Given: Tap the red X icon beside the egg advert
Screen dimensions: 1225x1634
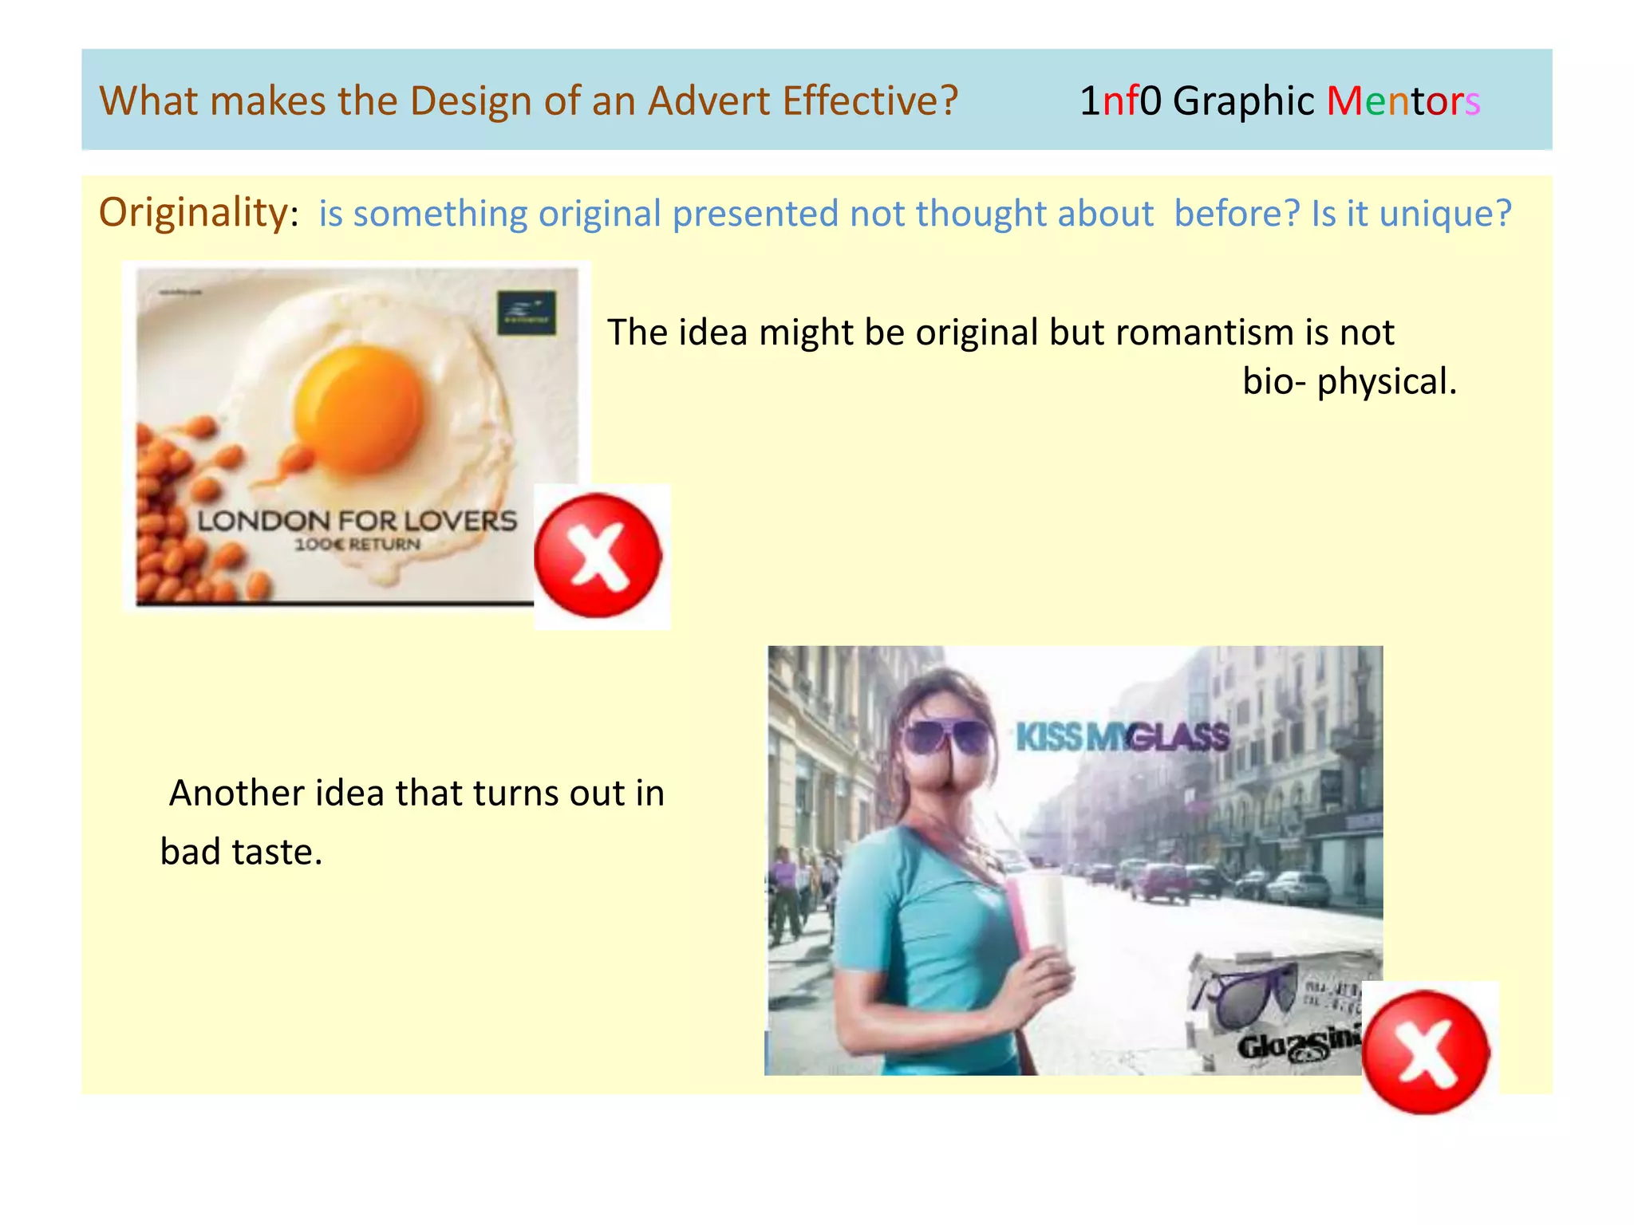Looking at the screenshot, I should (598, 556).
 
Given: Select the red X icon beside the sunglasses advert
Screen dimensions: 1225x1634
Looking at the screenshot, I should (1426, 1052).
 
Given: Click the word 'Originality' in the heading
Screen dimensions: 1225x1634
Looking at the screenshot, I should (192, 213).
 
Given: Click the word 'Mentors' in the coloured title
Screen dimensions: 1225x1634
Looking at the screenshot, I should (1403, 101).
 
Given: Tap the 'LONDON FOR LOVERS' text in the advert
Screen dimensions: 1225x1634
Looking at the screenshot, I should (357, 521).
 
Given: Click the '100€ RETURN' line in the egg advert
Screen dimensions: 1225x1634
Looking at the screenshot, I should (357, 545).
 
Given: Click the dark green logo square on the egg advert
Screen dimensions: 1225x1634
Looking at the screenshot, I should (527, 313).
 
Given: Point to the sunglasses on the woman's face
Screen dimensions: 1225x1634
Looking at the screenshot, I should (946, 735).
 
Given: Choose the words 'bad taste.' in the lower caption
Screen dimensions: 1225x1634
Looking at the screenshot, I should (241, 852).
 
